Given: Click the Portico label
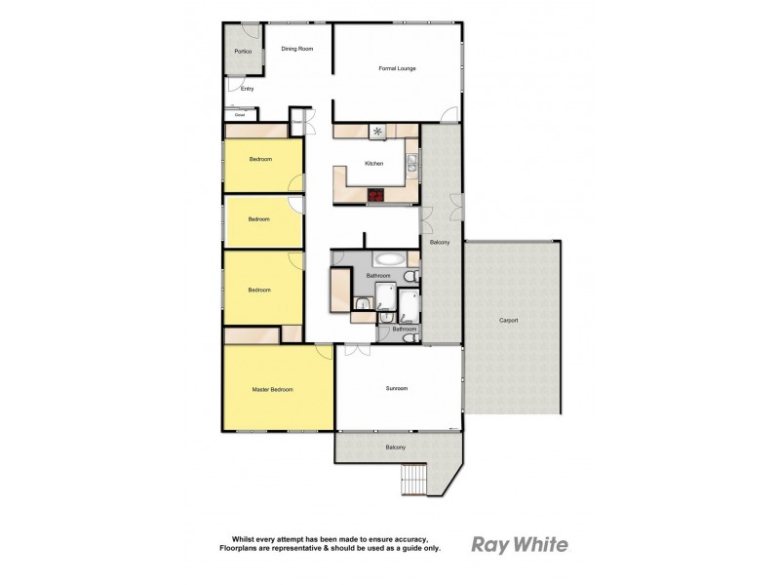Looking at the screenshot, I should [x=243, y=50].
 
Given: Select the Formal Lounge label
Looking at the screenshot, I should [x=397, y=68].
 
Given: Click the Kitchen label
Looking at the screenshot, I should [x=374, y=164].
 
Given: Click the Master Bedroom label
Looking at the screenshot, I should [x=272, y=390].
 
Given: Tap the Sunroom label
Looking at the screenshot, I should [x=397, y=388].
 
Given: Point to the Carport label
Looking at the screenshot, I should [x=508, y=320].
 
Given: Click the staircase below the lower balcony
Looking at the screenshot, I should [x=416, y=479].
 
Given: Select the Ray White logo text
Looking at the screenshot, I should [x=519, y=544].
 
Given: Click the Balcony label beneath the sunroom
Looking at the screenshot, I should [x=395, y=448].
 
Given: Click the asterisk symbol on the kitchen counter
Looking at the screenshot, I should [x=377, y=132].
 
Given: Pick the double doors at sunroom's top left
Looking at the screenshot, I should [x=352, y=350].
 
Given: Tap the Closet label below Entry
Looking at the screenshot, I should [x=239, y=115].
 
